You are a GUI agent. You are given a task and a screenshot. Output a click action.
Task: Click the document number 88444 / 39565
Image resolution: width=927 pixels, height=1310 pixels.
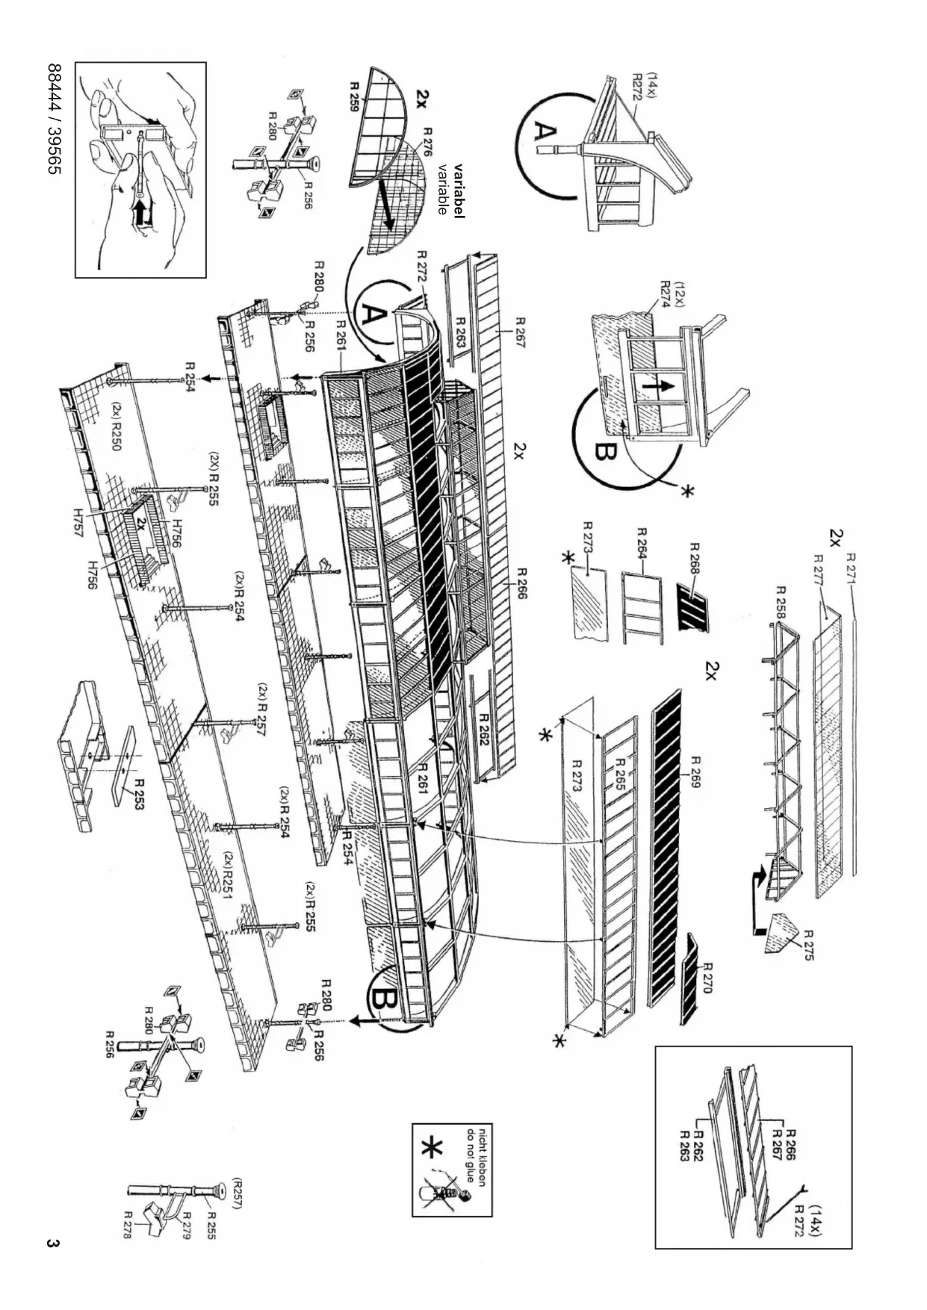(55, 119)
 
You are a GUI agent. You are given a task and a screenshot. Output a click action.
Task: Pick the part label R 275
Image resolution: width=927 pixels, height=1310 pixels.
(809, 945)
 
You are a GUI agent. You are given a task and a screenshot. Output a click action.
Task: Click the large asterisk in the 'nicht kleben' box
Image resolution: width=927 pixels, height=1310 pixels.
(433, 1150)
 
